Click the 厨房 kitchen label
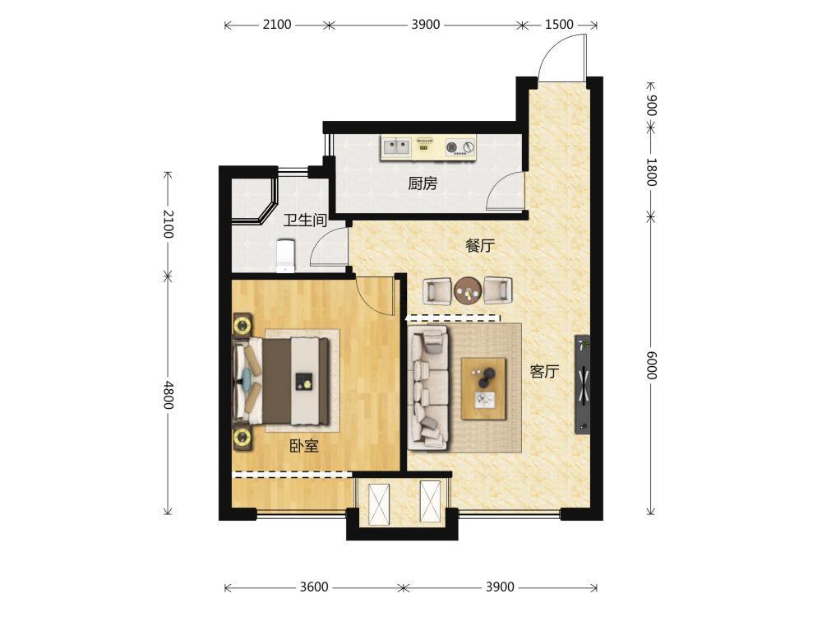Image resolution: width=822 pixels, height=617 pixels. coord(422,183)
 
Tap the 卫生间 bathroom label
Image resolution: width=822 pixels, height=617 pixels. coord(305,220)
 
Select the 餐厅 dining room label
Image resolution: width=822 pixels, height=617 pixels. coord(480,245)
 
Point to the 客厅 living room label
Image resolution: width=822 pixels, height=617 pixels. coord(544,372)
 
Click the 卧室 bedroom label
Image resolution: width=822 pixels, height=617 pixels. coord(304,447)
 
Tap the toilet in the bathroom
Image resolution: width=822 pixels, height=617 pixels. coord(285,256)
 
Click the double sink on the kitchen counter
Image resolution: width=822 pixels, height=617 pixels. coord(396,147)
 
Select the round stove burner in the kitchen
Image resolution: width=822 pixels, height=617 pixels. coord(451,147)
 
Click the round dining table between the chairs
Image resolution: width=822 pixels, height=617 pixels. coord(468,290)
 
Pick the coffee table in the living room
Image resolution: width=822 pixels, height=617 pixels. coord(483,389)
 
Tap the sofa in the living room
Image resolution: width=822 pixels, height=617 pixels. coord(427,388)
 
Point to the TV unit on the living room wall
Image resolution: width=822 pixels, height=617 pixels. coord(583,384)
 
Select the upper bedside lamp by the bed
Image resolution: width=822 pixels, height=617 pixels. coord(242,325)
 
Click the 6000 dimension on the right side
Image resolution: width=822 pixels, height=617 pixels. coord(650,364)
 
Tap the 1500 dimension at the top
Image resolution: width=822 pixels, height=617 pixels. coord(559,25)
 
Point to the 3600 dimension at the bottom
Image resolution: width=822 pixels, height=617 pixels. coord(314,587)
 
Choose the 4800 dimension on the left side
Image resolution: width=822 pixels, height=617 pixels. coord(168,395)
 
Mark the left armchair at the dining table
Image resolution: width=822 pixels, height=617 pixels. coord(437,290)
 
